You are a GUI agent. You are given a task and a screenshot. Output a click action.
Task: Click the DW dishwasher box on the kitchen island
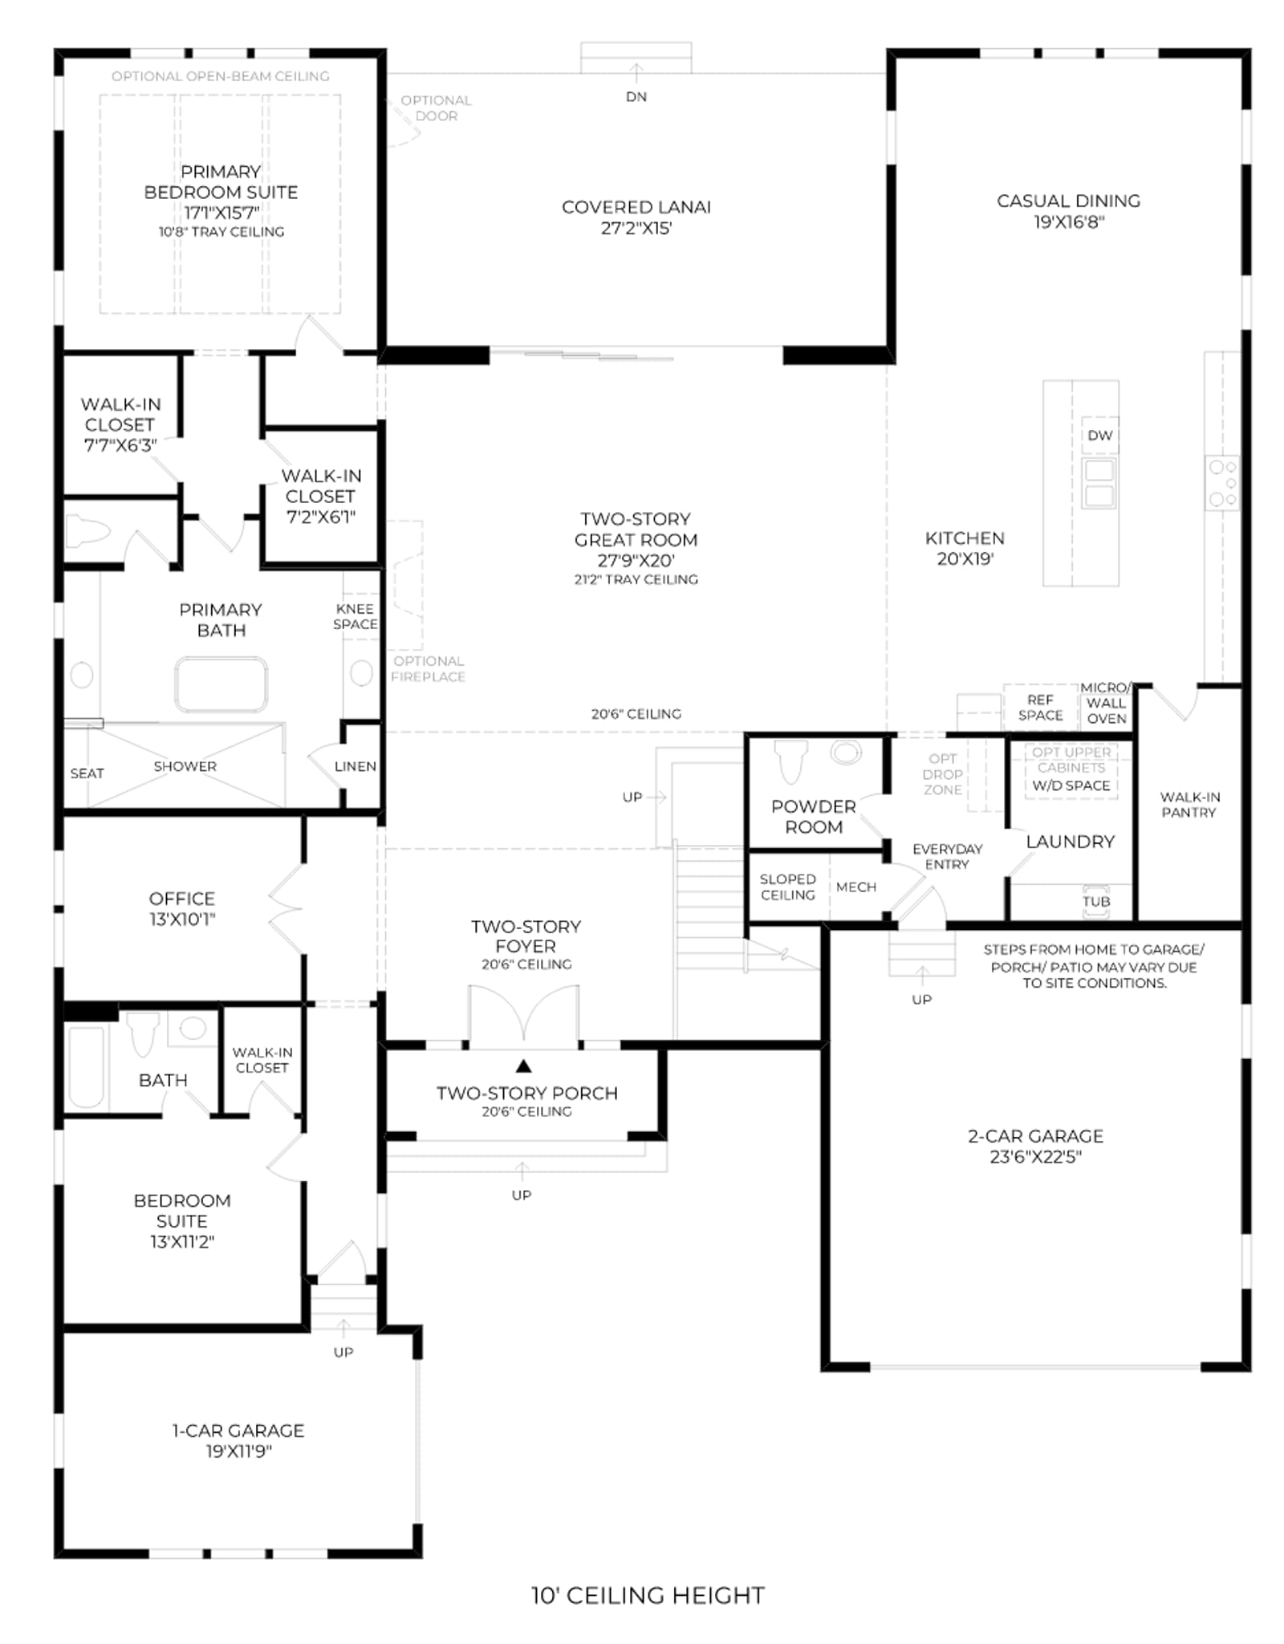tap(1099, 436)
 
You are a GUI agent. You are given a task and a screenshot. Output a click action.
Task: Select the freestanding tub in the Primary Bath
tap(221, 684)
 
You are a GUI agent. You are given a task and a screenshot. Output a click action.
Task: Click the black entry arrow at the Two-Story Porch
tap(523, 1066)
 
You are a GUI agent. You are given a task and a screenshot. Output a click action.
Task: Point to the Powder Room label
tap(813, 816)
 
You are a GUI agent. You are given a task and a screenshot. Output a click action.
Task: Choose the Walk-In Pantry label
tap(1189, 804)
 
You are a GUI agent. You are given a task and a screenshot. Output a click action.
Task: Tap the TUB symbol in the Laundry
tap(1096, 899)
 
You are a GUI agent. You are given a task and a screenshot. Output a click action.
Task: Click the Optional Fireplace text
tap(429, 668)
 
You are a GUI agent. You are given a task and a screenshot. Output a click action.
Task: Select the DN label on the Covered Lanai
tap(636, 96)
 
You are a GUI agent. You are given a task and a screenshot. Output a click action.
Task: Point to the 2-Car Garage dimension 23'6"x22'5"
tap(1035, 1156)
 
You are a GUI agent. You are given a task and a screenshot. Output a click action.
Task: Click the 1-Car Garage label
tap(238, 1430)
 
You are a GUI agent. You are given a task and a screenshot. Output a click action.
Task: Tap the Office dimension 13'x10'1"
tap(182, 919)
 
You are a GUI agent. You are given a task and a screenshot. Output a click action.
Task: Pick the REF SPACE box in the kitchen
tap(1040, 707)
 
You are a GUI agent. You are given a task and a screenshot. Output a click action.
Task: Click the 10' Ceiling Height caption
tap(648, 1594)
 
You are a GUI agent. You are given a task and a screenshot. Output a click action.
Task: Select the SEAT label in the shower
tap(87, 773)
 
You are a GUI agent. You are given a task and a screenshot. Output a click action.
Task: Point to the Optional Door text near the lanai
tap(436, 108)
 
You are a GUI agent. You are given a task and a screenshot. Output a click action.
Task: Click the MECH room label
tap(855, 887)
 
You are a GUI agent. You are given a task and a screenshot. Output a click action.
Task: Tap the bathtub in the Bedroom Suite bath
tap(87, 1067)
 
